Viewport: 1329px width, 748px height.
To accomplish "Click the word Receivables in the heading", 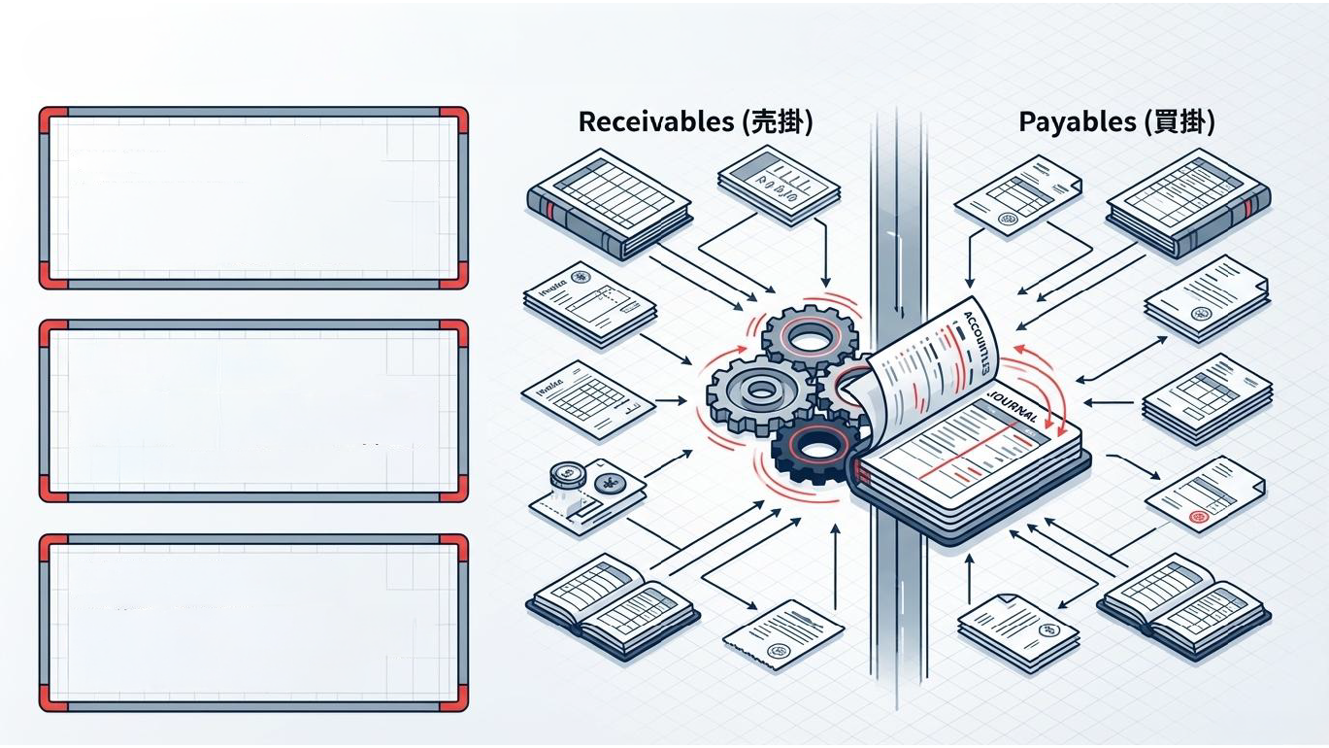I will tap(655, 122).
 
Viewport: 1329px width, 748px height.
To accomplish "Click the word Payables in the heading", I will tap(1077, 122).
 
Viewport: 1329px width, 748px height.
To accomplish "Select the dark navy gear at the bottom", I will tap(815, 449).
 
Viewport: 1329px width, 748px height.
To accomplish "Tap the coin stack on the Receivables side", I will tap(565, 476).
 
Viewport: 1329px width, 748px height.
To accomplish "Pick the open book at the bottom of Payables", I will tap(1182, 600).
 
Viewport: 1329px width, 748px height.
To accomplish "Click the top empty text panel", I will tap(252, 198).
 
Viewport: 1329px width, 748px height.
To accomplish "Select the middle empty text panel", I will tap(252, 411).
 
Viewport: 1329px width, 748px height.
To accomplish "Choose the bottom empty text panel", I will tap(252, 623).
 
